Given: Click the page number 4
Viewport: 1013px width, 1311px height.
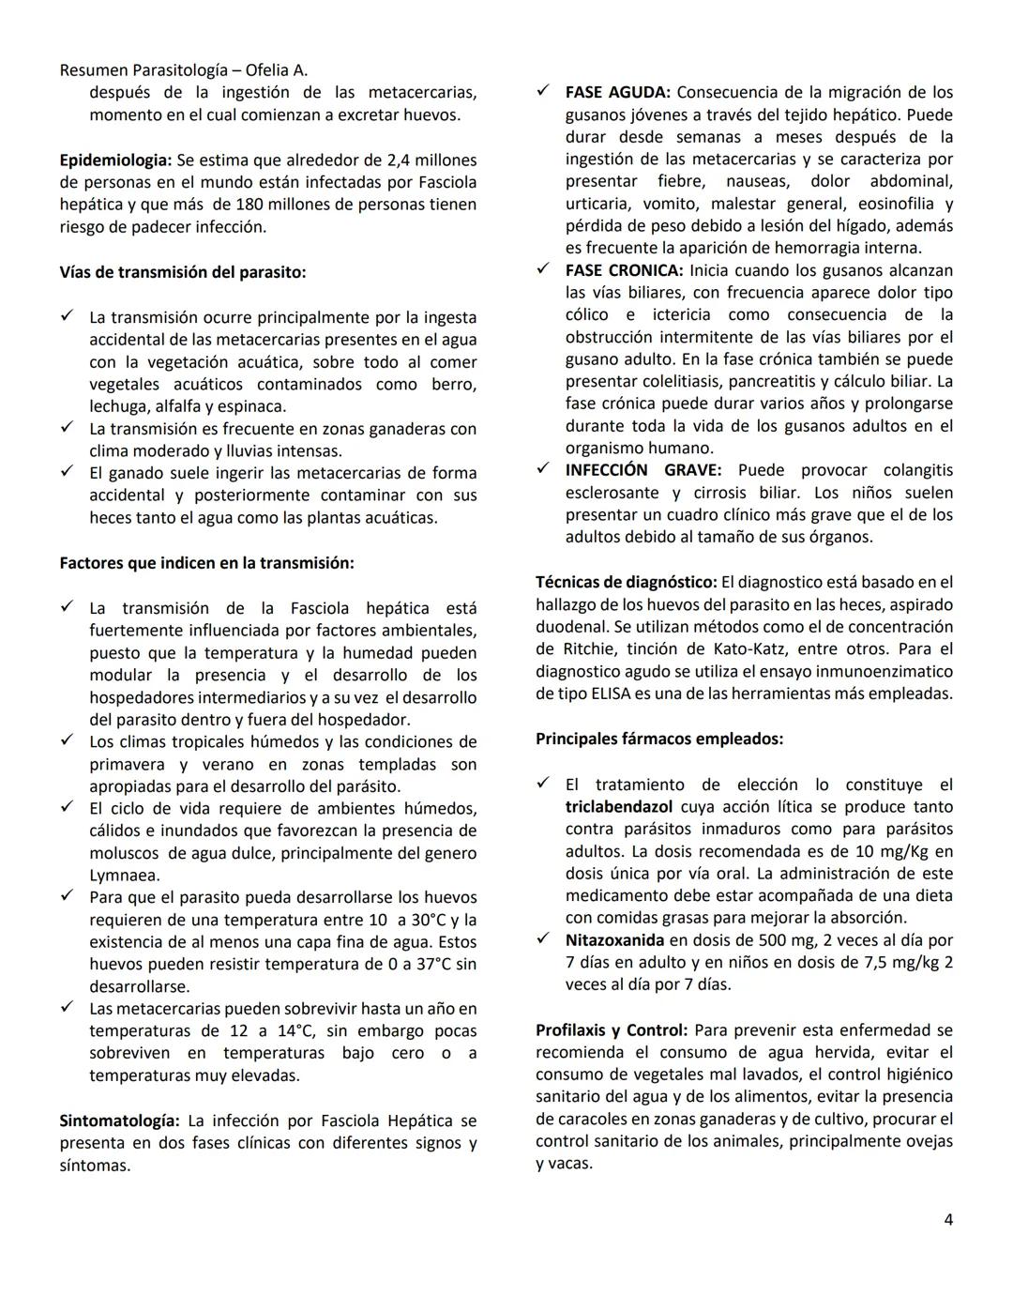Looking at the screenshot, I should click(948, 1220).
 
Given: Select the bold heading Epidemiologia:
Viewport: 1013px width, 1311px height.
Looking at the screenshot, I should click(115, 160).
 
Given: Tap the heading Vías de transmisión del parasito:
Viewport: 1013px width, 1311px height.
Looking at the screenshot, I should click(182, 272).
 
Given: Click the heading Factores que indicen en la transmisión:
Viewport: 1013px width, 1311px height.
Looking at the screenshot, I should click(206, 563).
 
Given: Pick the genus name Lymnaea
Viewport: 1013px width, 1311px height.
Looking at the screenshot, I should click(124, 876).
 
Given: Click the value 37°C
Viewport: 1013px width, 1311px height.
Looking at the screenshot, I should click(431, 965).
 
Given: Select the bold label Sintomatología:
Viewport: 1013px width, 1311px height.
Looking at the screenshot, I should click(119, 1120).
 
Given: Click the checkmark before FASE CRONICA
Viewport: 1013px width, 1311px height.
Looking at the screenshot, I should click(543, 269).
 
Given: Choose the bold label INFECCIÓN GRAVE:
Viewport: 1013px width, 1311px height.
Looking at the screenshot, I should click(643, 470).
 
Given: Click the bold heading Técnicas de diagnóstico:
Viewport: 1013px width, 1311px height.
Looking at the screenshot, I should click(626, 582).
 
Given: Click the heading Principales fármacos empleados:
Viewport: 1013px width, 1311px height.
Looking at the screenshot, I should click(658, 739).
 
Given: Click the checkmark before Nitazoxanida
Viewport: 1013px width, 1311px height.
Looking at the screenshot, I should click(543, 939).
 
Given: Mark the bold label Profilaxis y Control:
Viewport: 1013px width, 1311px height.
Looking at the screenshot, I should click(611, 1029).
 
